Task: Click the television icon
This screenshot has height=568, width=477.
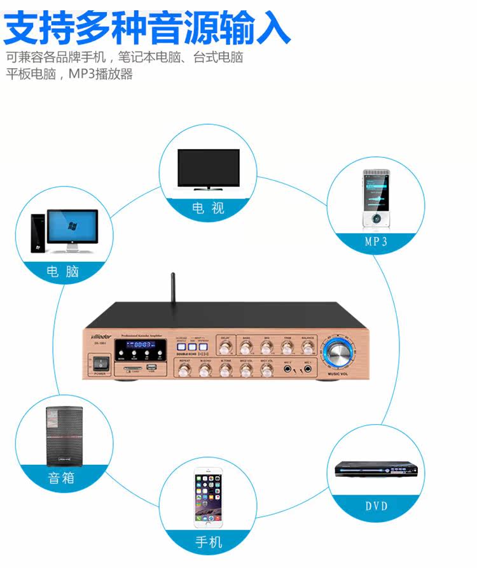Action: [208, 169]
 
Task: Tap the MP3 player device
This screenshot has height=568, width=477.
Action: [375, 199]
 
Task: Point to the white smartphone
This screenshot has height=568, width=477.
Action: [209, 499]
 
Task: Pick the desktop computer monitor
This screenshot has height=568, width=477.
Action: [73, 228]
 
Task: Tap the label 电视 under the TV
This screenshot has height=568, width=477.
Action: [209, 208]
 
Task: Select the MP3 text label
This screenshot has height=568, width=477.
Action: [376, 241]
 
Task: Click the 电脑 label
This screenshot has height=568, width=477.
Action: [63, 272]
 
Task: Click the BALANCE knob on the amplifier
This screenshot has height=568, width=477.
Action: [308, 346]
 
